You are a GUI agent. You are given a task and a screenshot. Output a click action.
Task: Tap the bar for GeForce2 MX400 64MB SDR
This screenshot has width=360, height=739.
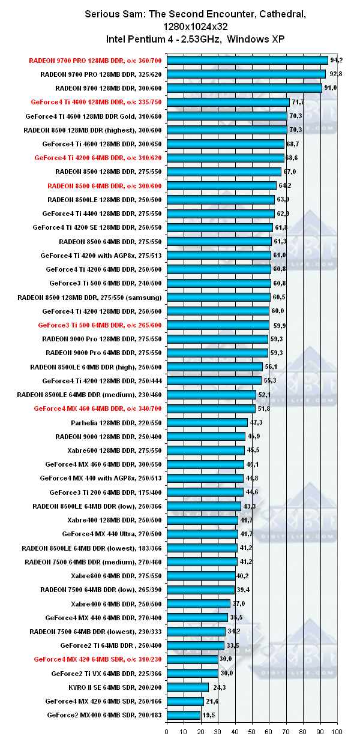coord(184,715)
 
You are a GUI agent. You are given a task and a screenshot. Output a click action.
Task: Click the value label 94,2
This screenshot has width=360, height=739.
coord(337,60)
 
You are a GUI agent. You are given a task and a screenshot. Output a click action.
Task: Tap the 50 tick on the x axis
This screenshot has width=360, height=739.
coord(252,731)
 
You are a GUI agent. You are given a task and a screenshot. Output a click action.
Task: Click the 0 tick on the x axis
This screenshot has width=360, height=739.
coord(167,731)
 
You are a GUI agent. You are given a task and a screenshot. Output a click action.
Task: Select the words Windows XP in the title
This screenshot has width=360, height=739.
coord(259,39)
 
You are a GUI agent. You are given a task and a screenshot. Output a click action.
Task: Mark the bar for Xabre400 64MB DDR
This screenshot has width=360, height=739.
coord(199,603)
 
